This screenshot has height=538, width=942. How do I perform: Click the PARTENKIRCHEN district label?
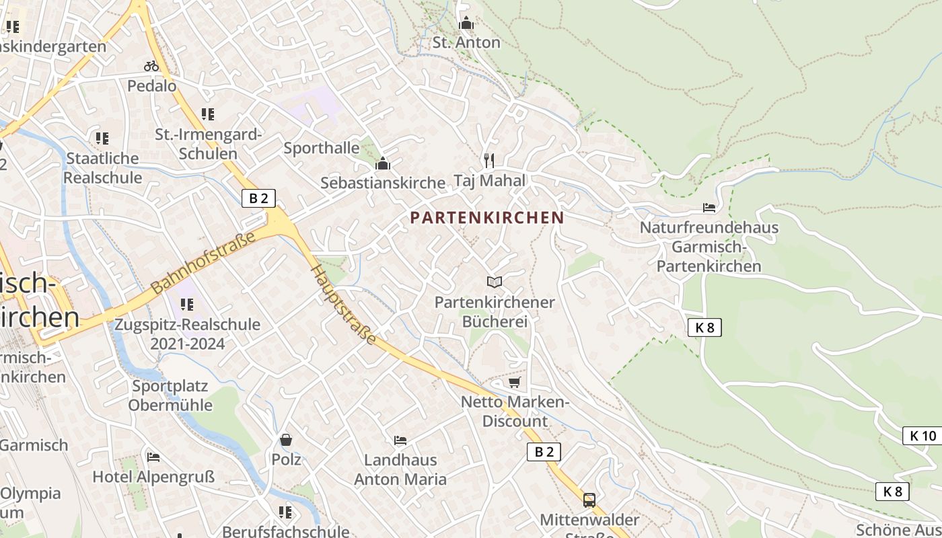tap(486, 218)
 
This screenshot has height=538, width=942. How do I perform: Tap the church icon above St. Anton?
tap(466, 24)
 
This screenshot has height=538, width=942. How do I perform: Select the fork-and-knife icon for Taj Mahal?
tap(489, 160)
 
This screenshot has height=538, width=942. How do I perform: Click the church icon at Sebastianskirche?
tap(383, 163)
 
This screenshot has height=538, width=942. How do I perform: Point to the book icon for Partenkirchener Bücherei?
tap(495, 282)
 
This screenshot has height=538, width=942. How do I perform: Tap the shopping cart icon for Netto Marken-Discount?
tap(515, 382)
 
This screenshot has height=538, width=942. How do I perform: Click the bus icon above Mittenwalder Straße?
tap(589, 500)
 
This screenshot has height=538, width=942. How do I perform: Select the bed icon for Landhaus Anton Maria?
tap(400, 440)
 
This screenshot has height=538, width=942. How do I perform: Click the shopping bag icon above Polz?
tap(286, 440)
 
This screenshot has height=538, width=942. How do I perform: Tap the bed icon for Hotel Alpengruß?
tap(153, 457)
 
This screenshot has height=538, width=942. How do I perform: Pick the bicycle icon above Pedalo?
tap(151, 66)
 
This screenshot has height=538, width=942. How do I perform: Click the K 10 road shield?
tap(922, 436)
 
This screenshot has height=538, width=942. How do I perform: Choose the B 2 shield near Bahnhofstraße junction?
tap(258, 198)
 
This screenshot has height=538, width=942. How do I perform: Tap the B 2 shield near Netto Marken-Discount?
tap(544, 452)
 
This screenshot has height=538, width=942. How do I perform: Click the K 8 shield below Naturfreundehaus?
tap(704, 328)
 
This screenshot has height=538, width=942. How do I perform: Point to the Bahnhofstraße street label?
tap(203, 263)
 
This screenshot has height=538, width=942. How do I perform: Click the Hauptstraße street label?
tap(343, 305)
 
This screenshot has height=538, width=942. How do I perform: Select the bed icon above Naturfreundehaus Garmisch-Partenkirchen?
tap(709, 207)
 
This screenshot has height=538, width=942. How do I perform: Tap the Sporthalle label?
tap(322, 148)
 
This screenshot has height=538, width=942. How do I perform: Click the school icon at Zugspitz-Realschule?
tap(187, 305)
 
